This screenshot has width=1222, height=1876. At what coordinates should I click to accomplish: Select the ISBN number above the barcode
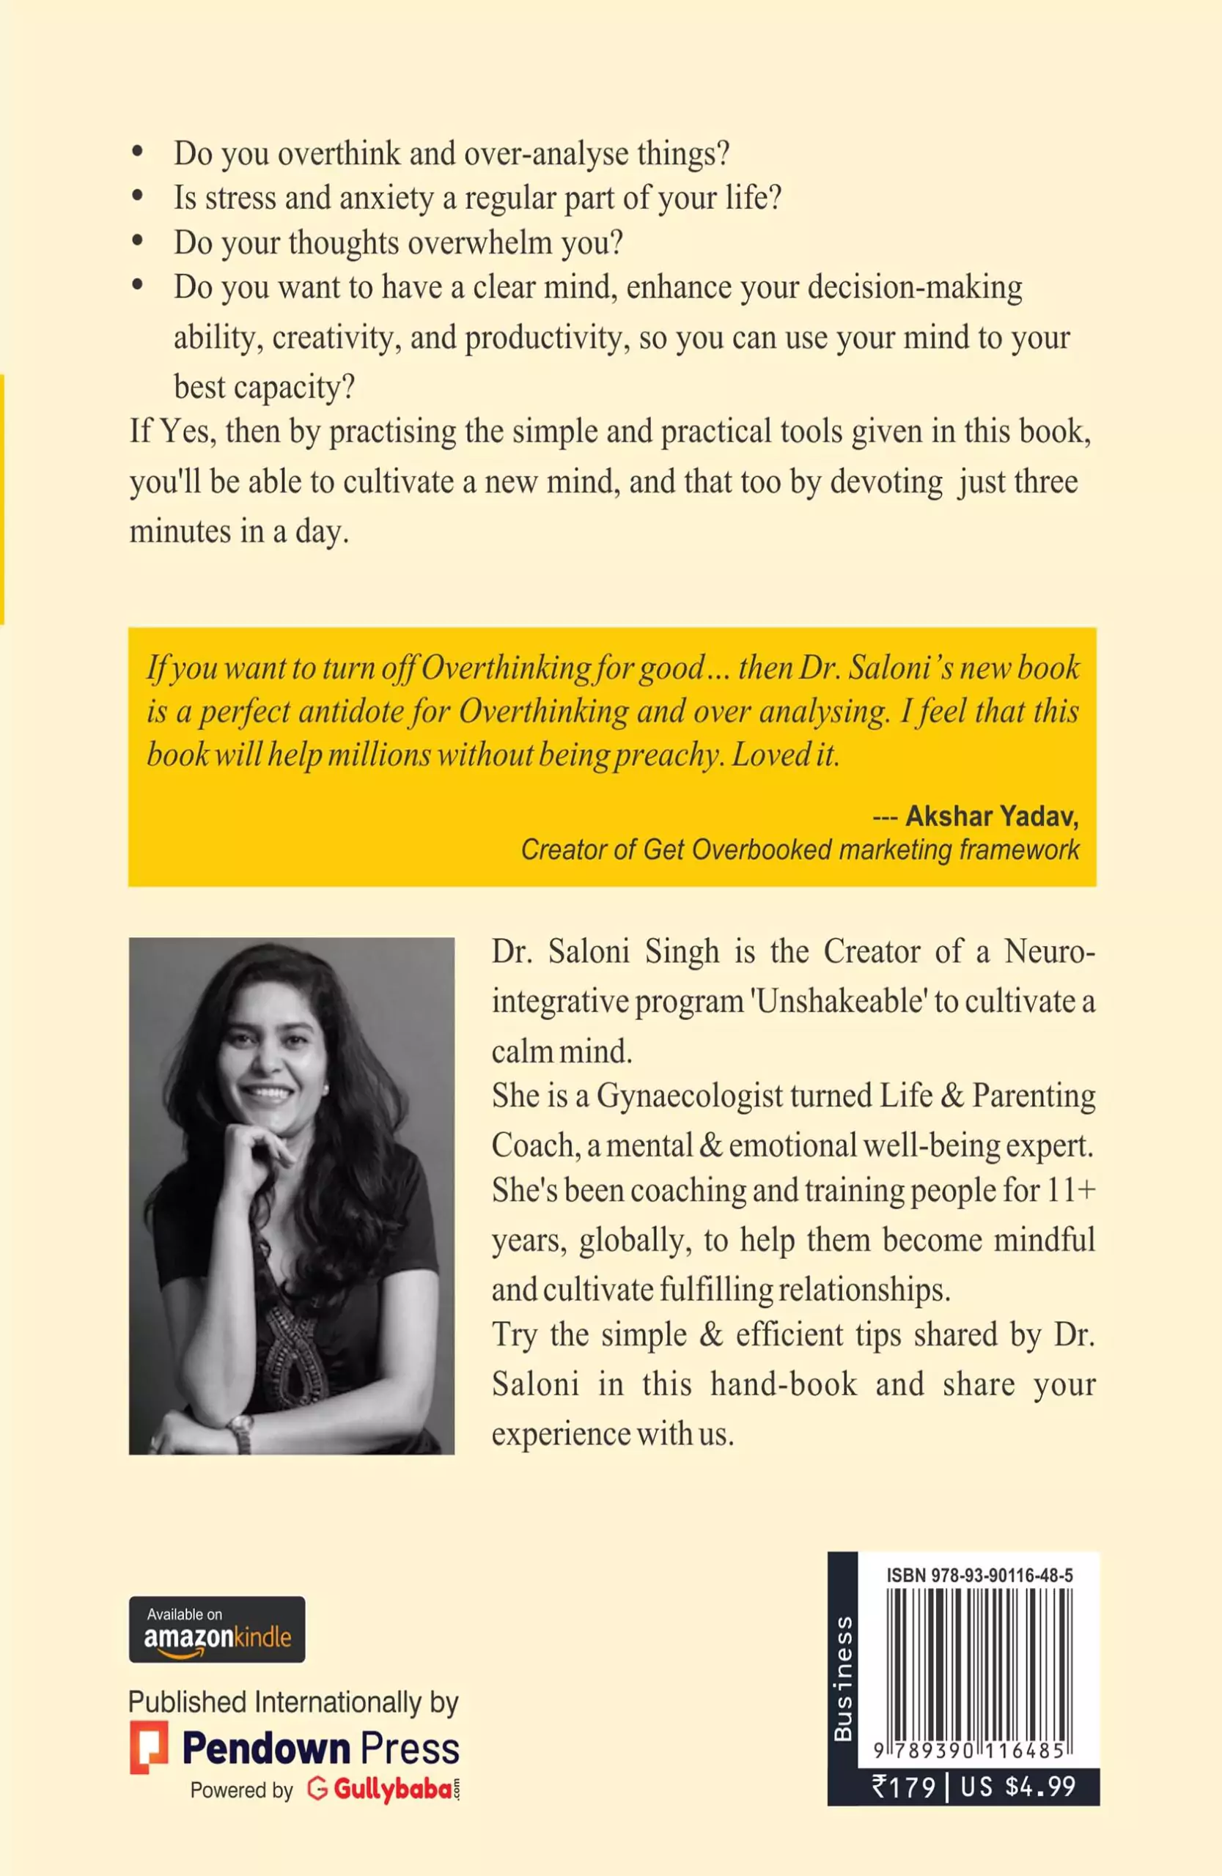[979, 1576]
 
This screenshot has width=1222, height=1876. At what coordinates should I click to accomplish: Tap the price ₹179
[904, 1786]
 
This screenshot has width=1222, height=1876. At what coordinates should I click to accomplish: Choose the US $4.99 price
[1017, 1786]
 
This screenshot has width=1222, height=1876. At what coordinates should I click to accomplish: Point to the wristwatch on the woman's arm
[240, 1433]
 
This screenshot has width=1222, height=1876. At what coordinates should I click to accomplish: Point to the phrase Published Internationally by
[293, 1702]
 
